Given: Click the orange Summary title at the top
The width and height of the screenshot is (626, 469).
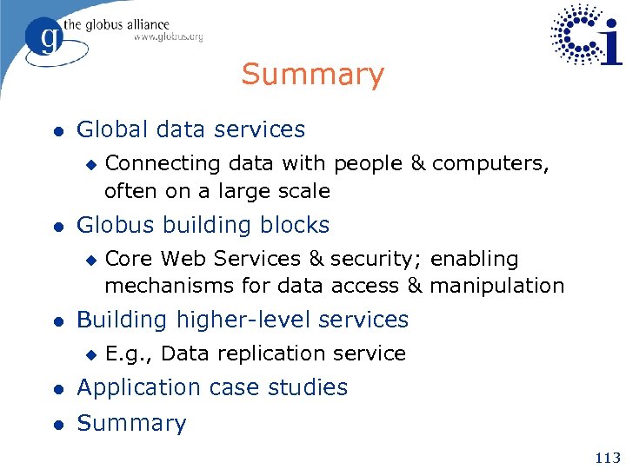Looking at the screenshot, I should click(312, 75).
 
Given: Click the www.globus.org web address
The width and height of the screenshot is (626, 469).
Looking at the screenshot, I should click(168, 37).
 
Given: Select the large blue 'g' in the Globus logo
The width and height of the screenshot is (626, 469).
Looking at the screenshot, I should click(43, 36).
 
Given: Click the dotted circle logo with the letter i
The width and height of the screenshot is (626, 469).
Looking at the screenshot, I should click(586, 36).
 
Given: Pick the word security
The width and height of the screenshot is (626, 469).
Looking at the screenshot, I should click(376, 259).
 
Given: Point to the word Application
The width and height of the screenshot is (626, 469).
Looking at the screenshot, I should click(130, 387).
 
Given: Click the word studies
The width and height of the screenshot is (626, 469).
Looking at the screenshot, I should click(308, 387).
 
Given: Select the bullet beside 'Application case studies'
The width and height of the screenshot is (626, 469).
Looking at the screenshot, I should click(57, 388).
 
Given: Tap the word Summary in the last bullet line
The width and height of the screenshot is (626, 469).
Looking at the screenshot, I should click(131, 423).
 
